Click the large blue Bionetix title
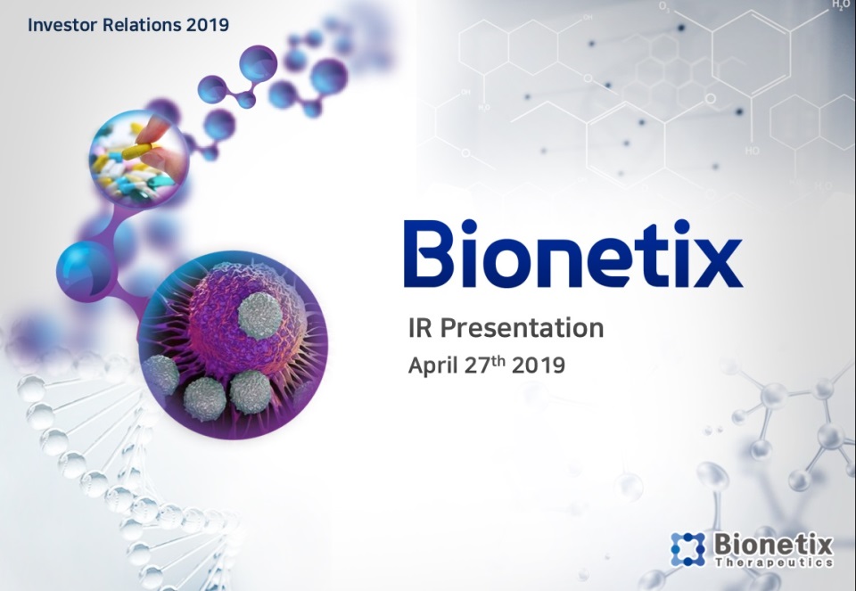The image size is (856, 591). click(572, 254)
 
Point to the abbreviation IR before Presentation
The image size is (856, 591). click(421, 328)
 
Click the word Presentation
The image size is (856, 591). click(523, 328)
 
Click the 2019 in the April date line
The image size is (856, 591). click(539, 365)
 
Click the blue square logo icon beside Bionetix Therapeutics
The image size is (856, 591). click(687, 548)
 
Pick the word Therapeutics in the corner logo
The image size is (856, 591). click(774, 562)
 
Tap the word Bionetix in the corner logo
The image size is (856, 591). click(773, 544)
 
